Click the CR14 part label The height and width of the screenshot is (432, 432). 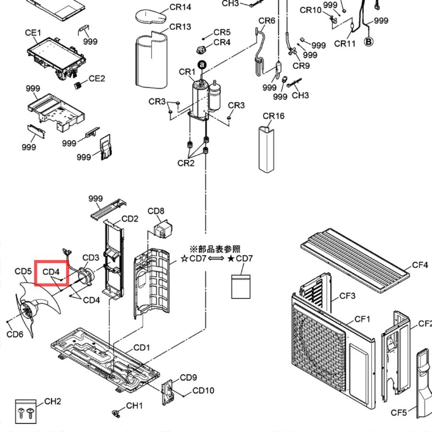pyautogui.click(x=180, y=7)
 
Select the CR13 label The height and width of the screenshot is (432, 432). pyautogui.click(x=180, y=27)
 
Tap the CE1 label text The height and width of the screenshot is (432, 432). pyautogui.click(x=33, y=33)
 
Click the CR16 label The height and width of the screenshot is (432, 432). pyautogui.click(x=274, y=116)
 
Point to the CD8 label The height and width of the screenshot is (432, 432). pyautogui.click(x=156, y=211)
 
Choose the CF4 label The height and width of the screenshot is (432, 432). pyautogui.click(x=420, y=265)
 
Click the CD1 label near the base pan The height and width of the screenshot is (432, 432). pyautogui.click(x=142, y=348)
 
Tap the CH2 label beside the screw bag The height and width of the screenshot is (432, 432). pyautogui.click(x=53, y=401)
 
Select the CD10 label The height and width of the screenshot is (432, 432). pyautogui.click(x=204, y=390)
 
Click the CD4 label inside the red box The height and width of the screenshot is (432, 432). pyautogui.click(x=51, y=272)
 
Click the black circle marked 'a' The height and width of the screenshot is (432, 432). pyautogui.click(x=202, y=65)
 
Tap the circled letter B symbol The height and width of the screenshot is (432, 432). pyautogui.click(x=369, y=42)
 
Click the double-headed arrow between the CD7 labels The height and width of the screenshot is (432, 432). pyautogui.click(x=216, y=258)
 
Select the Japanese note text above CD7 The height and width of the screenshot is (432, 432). pyautogui.click(x=215, y=249)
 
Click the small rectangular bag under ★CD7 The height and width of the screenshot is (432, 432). pyautogui.click(x=241, y=287)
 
